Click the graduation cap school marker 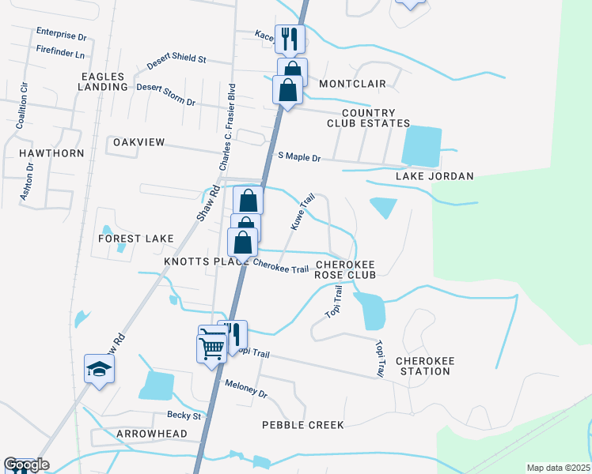(100, 370)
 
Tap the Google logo (26, 465)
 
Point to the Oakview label (139, 142)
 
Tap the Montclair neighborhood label (352, 83)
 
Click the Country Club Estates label (369, 118)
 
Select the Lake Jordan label (435, 176)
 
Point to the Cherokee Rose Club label (345, 269)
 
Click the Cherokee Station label (425, 365)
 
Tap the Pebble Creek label (303, 425)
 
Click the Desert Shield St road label (176, 59)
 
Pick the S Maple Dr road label (299, 157)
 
